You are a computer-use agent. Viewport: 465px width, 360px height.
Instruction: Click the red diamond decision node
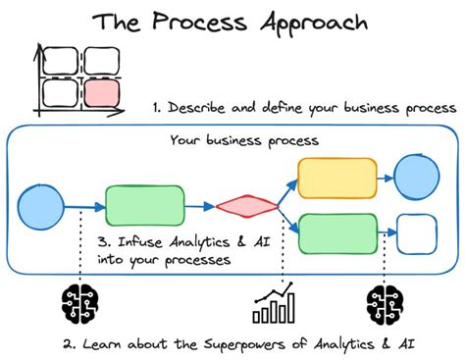pyautogui.click(x=246, y=207)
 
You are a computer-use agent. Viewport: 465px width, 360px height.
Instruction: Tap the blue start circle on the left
pyautogui.click(x=41, y=205)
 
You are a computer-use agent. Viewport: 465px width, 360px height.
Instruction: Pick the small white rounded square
pyautogui.click(x=419, y=235)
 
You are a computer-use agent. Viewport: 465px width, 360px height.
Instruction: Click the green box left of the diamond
pyautogui.click(x=144, y=206)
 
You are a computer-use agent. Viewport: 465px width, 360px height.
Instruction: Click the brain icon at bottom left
pyautogui.click(x=77, y=305)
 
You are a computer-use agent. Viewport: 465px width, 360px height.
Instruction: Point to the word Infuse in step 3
pyautogui.click(x=143, y=241)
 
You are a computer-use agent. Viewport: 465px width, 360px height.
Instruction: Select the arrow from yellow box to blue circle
pyautogui.click(x=388, y=177)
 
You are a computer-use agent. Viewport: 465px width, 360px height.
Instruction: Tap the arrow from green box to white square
pyautogui.click(x=388, y=235)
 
